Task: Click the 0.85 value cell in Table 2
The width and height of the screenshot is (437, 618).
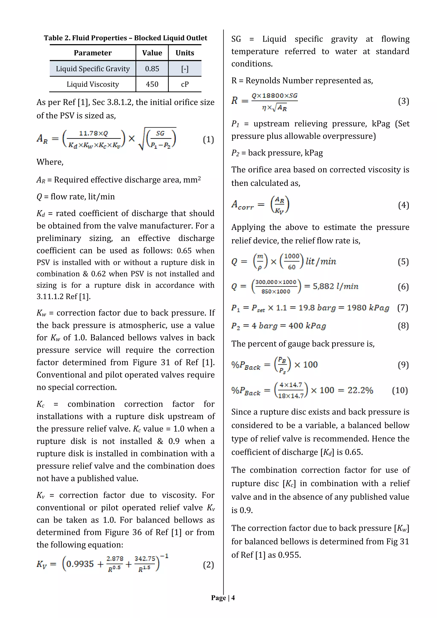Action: (152, 69)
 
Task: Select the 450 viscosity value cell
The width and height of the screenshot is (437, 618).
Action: (152, 84)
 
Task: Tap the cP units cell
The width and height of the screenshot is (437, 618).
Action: (185, 84)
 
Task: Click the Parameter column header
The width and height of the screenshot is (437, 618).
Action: (93, 53)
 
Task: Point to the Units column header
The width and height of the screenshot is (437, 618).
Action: (185, 53)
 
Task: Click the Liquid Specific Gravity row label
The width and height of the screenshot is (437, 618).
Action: (93, 69)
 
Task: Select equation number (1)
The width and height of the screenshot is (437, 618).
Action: (208, 139)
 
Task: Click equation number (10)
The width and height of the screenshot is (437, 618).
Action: (400, 390)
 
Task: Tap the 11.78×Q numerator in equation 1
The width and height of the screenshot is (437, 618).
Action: (93, 133)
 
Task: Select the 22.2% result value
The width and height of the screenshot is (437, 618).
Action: (360, 390)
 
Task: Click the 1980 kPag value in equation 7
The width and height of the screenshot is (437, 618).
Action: (368, 308)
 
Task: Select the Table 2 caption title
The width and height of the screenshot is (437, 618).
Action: (125, 38)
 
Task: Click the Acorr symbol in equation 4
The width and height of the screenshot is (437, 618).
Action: (242, 205)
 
